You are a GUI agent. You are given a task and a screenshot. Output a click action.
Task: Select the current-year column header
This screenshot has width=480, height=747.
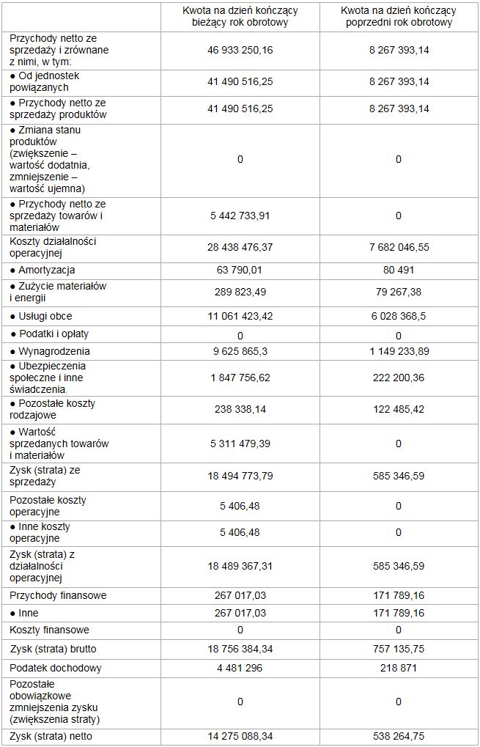click(240, 16)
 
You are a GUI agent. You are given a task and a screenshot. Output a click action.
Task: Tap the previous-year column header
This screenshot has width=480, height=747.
click(398, 16)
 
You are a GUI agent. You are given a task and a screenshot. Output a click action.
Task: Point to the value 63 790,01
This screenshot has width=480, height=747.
click(240, 271)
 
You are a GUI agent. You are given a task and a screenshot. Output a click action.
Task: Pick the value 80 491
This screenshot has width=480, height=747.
click(398, 271)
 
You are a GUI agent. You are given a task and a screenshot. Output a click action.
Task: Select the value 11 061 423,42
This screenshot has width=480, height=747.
click(240, 316)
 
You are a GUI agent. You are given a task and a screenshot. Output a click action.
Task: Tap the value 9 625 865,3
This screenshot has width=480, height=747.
click(240, 351)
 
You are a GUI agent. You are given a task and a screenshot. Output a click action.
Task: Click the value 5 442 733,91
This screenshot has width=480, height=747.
click(240, 216)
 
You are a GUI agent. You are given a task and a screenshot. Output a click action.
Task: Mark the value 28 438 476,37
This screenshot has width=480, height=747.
click(240, 248)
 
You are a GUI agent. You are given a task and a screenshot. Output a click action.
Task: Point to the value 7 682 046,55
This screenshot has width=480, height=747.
click(398, 248)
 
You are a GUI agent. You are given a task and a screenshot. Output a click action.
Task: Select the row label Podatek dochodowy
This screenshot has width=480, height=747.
click(56, 668)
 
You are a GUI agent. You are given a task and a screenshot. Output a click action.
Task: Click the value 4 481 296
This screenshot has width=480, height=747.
click(240, 668)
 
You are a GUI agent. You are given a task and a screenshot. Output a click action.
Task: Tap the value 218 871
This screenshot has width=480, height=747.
click(398, 668)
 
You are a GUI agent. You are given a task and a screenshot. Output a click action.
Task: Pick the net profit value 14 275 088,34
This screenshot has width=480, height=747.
click(240, 736)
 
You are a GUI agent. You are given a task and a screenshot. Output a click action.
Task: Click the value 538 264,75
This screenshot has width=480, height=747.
click(398, 736)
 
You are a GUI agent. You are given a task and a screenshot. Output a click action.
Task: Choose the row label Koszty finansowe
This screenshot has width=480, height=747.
click(50, 630)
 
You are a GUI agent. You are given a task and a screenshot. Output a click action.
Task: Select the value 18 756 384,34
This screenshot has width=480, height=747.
click(240, 649)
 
